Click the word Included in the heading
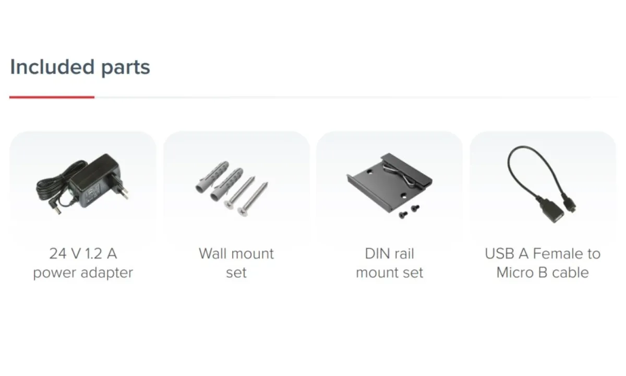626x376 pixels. [x=52, y=67]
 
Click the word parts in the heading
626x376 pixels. [x=126, y=68]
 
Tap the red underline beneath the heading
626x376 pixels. [x=52, y=97]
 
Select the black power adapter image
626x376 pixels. [x=83, y=184]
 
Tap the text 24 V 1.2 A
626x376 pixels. [x=83, y=254]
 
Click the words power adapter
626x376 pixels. [x=83, y=273]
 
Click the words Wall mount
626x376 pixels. [x=236, y=254]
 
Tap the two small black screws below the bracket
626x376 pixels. [x=409, y=212]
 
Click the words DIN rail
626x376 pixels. [x=389, y=254]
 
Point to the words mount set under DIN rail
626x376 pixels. [x=389, y=273]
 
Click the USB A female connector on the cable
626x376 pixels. [x=547, y=210]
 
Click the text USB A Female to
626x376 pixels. [x=543, y=254]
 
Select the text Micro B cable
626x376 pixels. [x=543, y=273]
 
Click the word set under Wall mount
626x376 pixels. [x=236, y=273]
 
